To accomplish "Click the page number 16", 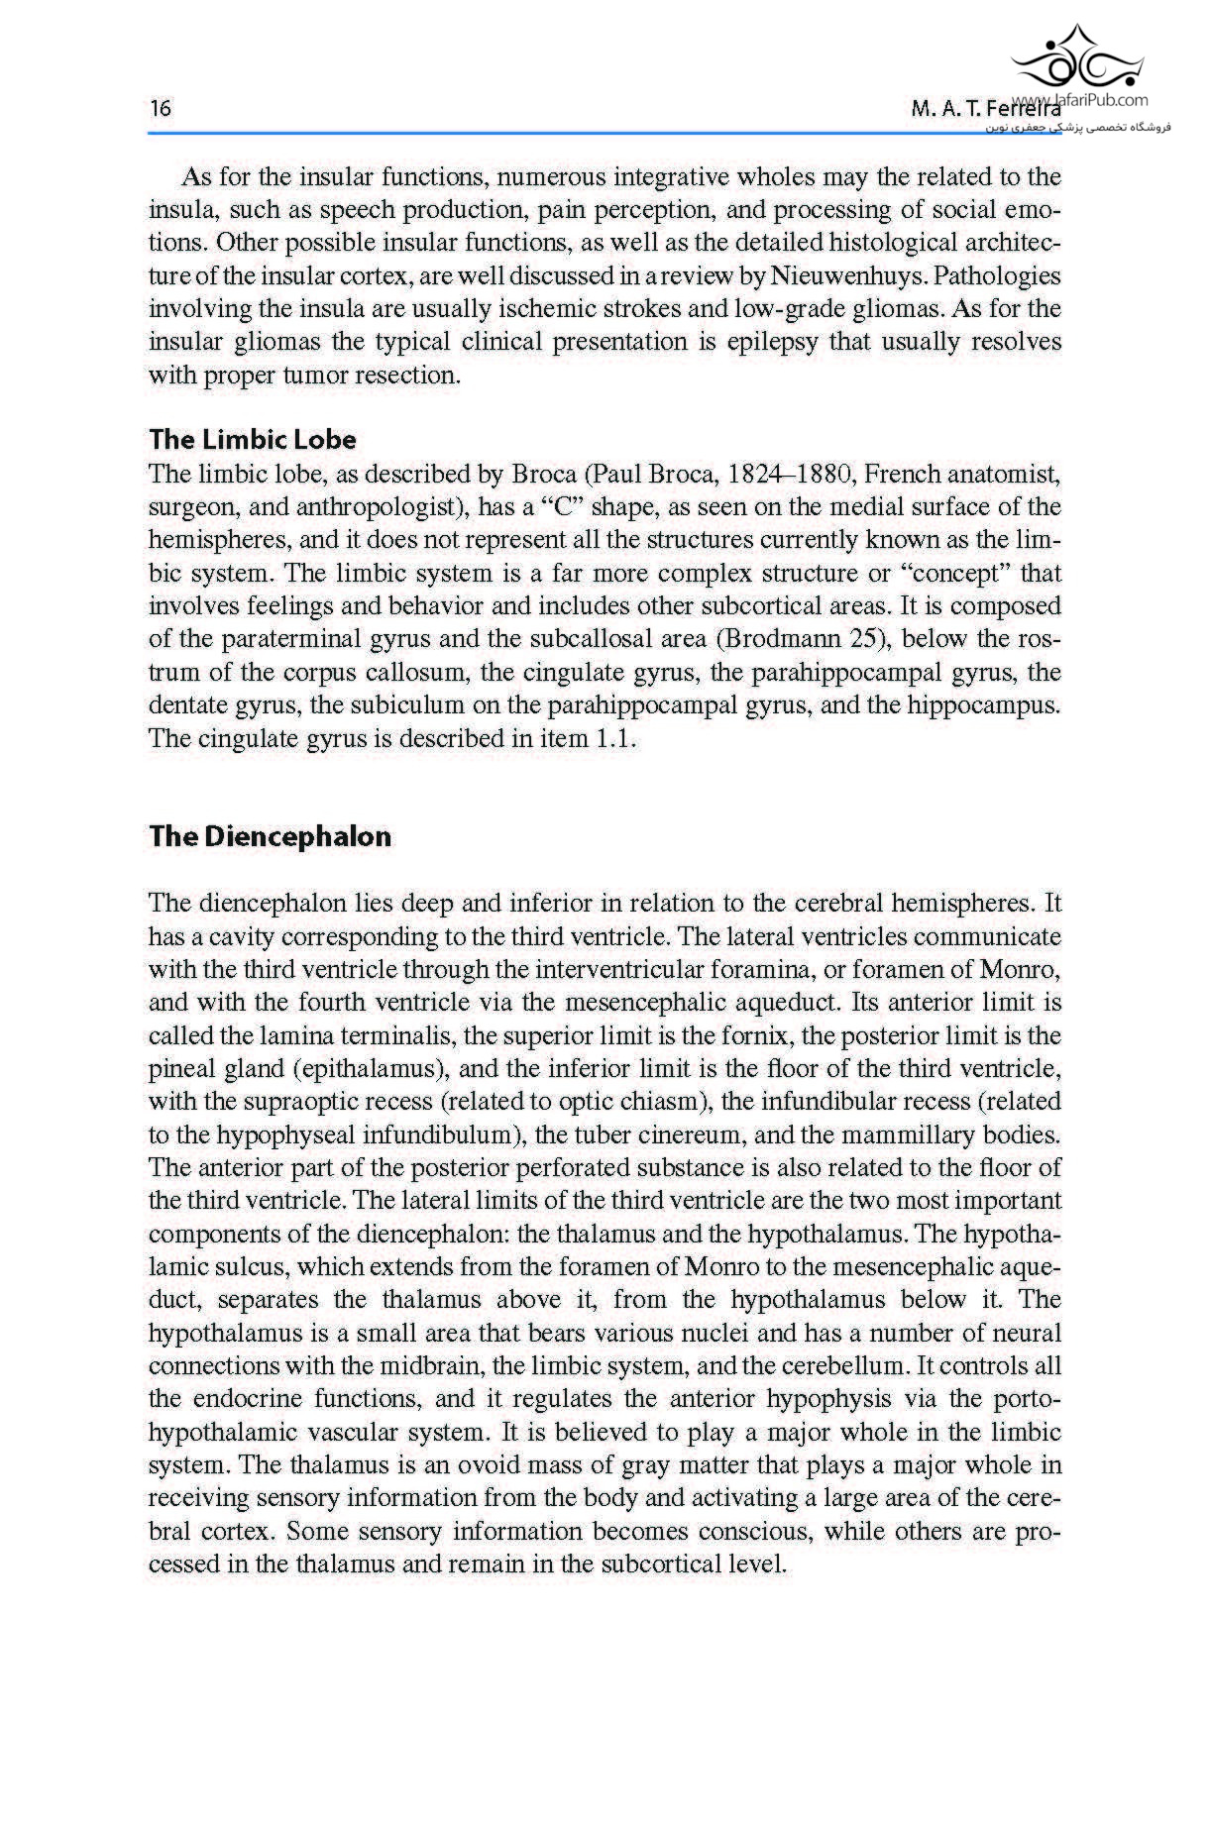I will click(160, 108).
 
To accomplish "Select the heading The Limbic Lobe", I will click(252, 439).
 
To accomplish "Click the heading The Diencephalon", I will click(270, 836).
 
